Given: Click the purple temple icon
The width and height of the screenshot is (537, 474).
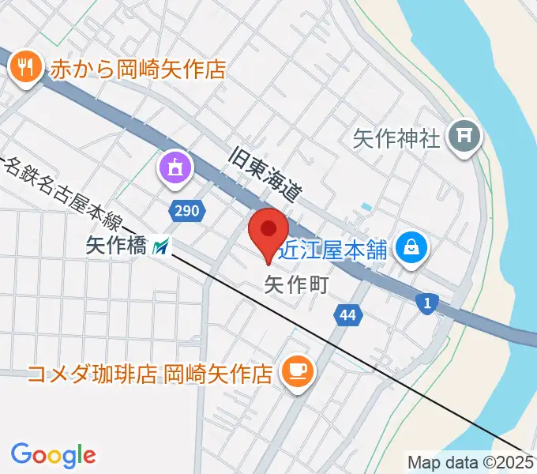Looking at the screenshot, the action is [175, 167].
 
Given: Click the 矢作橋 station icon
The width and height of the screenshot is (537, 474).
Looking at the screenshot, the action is [160, 247].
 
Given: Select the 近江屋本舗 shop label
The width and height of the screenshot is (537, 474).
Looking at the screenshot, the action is [336, 250].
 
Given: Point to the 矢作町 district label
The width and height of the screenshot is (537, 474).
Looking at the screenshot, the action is [295, 284].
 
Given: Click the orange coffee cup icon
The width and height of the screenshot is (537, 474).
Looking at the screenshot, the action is [297, 370].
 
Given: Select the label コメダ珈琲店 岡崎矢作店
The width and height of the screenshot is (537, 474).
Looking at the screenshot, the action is [151, 371].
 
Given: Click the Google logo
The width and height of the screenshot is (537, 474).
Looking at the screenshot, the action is [53, 454].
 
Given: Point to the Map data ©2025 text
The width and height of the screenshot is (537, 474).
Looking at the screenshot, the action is [471, 463].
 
